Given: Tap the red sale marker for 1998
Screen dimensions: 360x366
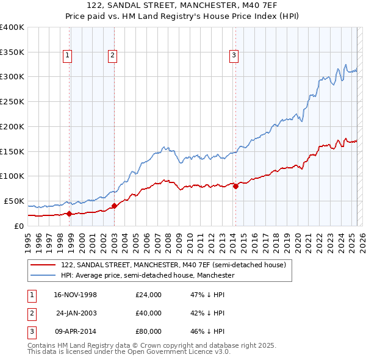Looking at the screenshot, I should (69, 214).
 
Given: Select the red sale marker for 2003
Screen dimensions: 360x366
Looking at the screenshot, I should (114, 206).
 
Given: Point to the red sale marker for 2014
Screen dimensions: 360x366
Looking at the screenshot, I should (235, 187).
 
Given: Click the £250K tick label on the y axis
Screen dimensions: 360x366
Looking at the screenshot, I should (12, 102).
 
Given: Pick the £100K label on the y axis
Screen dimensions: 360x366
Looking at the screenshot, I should (12, 176).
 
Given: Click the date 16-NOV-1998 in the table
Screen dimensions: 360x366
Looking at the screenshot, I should (76, 295).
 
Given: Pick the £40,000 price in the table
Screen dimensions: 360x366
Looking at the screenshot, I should (148, 313).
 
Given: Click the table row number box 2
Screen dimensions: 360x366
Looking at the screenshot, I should (30, 313).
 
